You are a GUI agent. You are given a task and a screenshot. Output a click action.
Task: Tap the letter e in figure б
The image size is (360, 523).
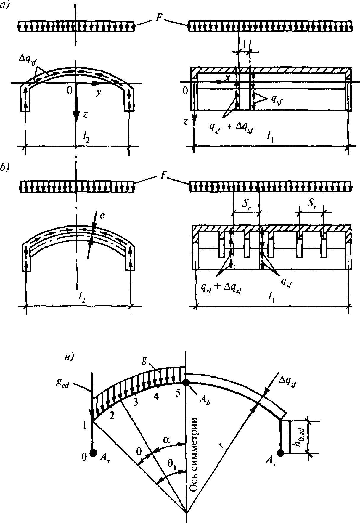tap(102, 215)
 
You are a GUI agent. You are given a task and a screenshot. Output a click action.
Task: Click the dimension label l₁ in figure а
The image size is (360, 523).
tap(270, 138)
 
